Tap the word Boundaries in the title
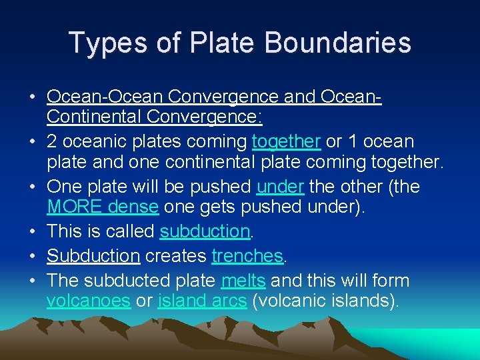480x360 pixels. click(x=337, y=43)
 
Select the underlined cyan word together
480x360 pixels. click(x=287, y=141)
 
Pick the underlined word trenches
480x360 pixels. click(x=247, y=255)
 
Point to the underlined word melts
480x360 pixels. click(x=243, y=280)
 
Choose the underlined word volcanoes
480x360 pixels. click(x=88, y=300)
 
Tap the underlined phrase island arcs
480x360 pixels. click(x=203, y=300)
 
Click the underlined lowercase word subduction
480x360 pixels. click(x=204, y=231)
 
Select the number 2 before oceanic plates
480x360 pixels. click(x=52, y=141)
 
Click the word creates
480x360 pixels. click(x=175, y=255)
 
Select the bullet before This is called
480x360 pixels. click(x=32, y=231)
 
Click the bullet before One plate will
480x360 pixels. click(x=32, y=187)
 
